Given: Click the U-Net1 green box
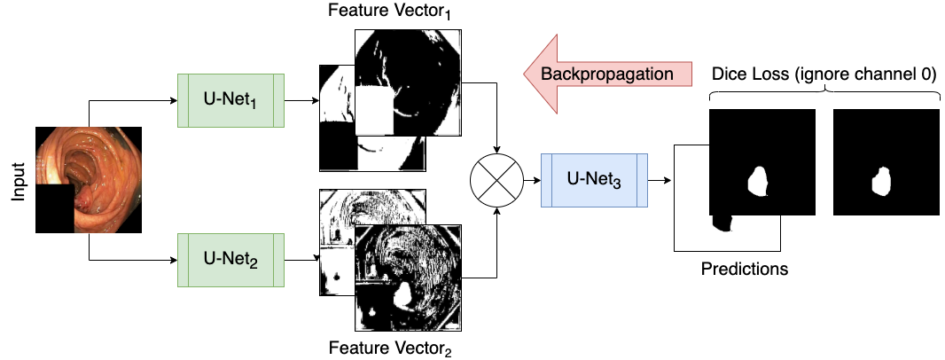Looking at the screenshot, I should tap(230, 100).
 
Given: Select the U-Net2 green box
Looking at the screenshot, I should tap(230, 261).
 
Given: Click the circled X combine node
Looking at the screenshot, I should tap(496, 180).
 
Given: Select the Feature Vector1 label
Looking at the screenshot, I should tap(390, 12).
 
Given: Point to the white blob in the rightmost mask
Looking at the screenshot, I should tap(883, 183).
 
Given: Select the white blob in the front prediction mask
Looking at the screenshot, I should tap(758, 182).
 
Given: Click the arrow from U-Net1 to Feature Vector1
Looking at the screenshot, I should tap(301, 100).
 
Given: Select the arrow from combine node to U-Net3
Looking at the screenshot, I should tap(530, 180).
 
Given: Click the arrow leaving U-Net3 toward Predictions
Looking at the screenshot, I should tap(660, 180).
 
